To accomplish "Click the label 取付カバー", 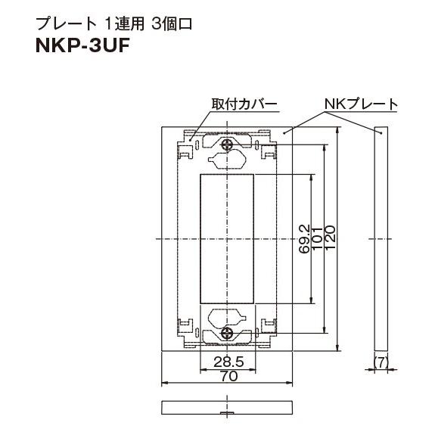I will pyautogui.click(x=243, y=104).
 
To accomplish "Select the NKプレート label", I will pyautogui.click(x=361, y=104).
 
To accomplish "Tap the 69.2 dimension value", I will pyautogui.click(x=303, y=239).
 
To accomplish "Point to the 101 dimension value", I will pyautogui.click(x=318, y=239).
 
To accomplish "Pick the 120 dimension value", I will pyautogui.click(x=331, y=239).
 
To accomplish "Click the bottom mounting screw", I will pyautogui.click(x=228, y=333).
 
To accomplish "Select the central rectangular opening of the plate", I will pyautogui.click(x=228, y=238).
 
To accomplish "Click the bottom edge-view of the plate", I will pyautogui.click(x=227, y=406).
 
